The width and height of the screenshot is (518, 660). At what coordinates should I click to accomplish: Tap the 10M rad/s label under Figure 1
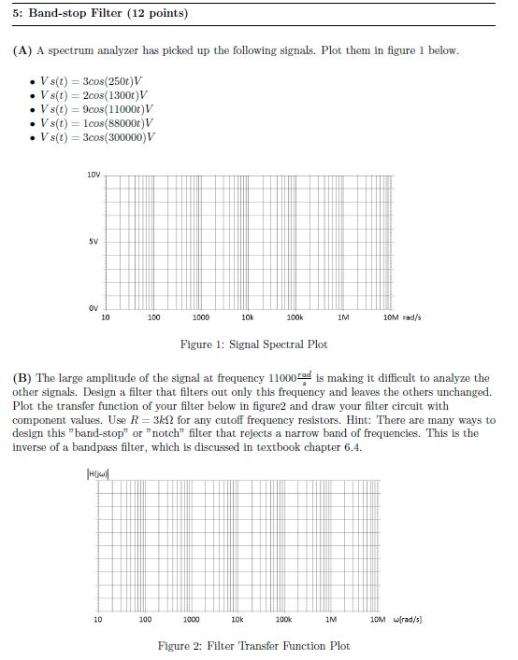pyautogui.click(x=403, y=318)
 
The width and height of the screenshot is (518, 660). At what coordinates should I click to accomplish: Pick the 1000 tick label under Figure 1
pyautogui.click(x=200, y=318)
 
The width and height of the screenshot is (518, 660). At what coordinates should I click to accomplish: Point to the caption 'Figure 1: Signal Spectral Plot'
pyautogui.click(x=253, y=344)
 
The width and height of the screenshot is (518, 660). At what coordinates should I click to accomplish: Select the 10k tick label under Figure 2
pyautogui.click(x=237, y=619)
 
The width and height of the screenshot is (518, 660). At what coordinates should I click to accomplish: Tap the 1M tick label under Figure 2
pyautogui.click(x=331, y=619)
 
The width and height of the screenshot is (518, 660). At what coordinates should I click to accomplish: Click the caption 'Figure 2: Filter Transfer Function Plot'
pyautogui.click(x=253, y=646)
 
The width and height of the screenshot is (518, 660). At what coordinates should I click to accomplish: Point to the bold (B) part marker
pyautogui.click(x=22, y=378)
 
